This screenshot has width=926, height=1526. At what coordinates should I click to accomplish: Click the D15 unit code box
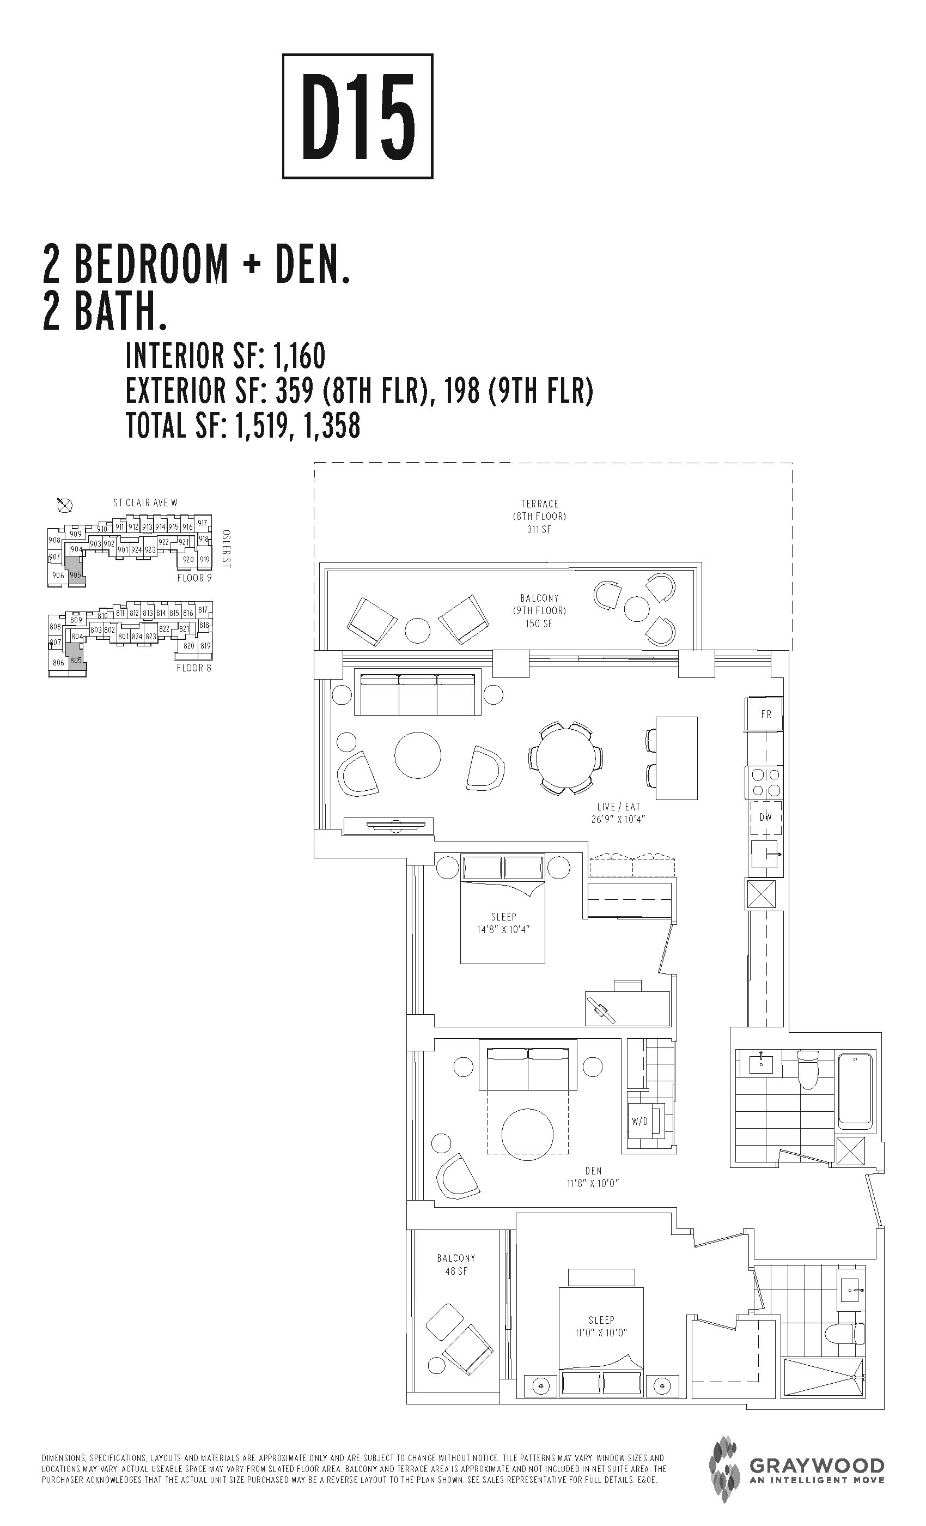point(358,117)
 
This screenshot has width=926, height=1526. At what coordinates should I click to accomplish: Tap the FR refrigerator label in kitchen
point(766,714)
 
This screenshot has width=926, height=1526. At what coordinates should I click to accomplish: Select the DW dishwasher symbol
point(766,817)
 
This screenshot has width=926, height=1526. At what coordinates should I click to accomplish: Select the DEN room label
point(594,1171)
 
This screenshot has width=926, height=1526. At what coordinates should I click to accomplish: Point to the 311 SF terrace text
point(539,530)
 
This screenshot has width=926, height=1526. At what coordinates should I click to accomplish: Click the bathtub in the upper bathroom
point(855,1092)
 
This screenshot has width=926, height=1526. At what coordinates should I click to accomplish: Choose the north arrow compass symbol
point(64,505)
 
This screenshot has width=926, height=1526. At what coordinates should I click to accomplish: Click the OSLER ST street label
point(226,549)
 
